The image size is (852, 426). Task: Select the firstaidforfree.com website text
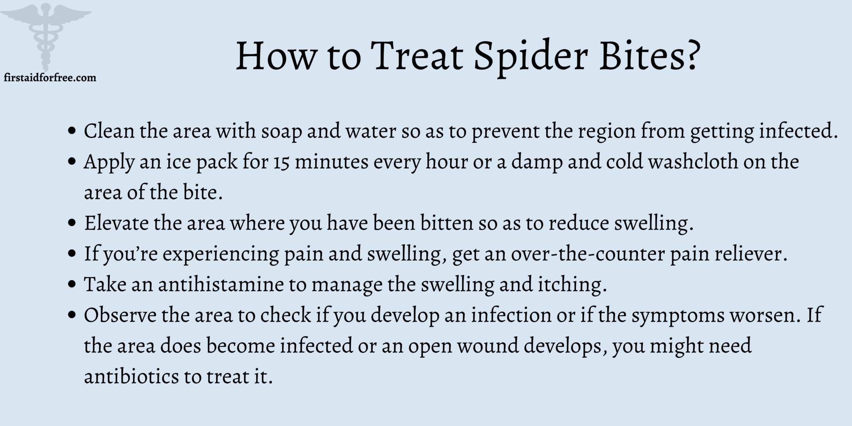point(50,77)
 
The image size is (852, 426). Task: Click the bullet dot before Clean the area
point(72,131)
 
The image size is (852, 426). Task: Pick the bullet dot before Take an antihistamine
point(72,285)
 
